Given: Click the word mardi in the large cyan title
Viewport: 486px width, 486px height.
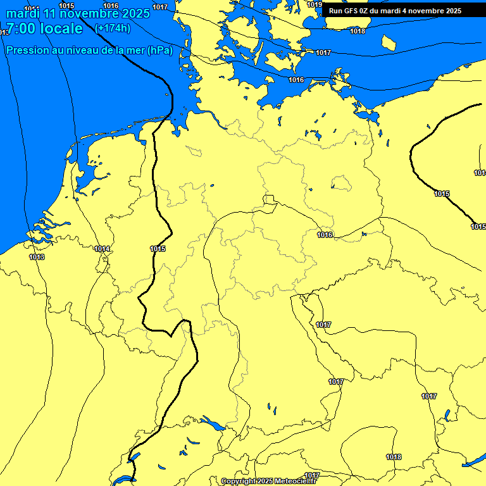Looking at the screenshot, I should [23, 13].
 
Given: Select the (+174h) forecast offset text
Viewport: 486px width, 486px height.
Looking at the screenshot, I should [113, 28].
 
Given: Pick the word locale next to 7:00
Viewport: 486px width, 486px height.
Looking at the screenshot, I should [61, 28].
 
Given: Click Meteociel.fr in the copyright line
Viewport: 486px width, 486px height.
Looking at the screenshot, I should [296, 482].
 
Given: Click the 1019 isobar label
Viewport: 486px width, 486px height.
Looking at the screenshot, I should [315, 4].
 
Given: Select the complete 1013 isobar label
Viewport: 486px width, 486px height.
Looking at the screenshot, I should [37, 257].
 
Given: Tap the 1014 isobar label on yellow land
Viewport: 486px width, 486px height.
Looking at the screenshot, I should [103, 249].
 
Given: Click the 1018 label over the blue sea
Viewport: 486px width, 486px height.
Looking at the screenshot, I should [358, 31].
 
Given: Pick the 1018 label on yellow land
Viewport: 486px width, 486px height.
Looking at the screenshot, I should [394, 457].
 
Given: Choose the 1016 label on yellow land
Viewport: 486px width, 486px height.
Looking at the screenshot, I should [325, 235].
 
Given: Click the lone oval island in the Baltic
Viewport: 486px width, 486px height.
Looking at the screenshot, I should [389, 42].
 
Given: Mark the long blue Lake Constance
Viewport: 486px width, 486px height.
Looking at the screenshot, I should [213, 423].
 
